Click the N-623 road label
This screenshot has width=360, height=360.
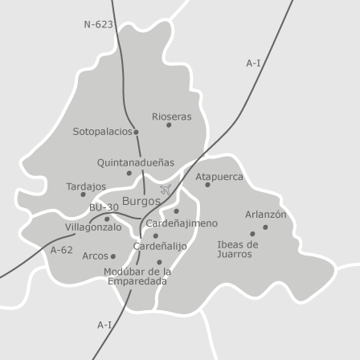click(x=98, y=25)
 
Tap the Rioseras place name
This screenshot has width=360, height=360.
click(x=171, y=117)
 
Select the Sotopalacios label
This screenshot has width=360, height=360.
click(x=103, y=131)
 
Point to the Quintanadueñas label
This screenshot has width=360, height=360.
click(x=135, y=162)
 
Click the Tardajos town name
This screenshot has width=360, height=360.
click(x=85, y=186)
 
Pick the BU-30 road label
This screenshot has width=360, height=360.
click(x=104, y=207)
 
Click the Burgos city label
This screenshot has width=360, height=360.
click(x=141, y=201)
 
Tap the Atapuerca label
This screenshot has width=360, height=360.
click(x=219, y=177)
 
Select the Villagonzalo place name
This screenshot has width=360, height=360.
click(x=93, y=227)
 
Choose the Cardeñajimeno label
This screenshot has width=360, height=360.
click(x=181, y=223)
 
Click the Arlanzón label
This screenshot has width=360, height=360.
click(x=265, y=215)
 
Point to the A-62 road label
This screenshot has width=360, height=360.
click(x=62, y=250)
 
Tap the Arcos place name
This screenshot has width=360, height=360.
click(x=95, y=256)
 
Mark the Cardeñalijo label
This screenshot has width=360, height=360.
click(x=160, y=246)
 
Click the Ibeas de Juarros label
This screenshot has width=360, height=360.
click(x=237, y=249)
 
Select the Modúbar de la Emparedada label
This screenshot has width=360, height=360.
click(x=138, y=276)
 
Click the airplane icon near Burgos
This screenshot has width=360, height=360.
click(x=166, y=190)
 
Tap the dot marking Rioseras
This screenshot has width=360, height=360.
click(x=169, y=125)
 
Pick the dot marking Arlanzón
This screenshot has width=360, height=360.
click(x=265, y=227)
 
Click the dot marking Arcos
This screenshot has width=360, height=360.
click(x=112, y=256)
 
